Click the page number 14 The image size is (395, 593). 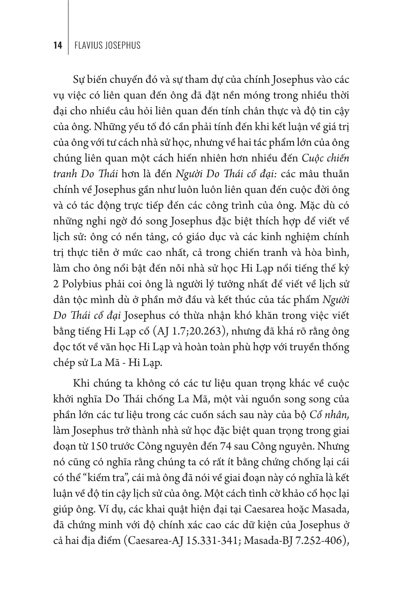coord(58,45)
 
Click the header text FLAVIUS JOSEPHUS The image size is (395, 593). coord(108,45)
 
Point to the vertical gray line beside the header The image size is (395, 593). coord(68,28)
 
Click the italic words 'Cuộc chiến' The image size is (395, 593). coord(325,158)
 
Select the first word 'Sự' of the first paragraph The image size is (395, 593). coord(79,80)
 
